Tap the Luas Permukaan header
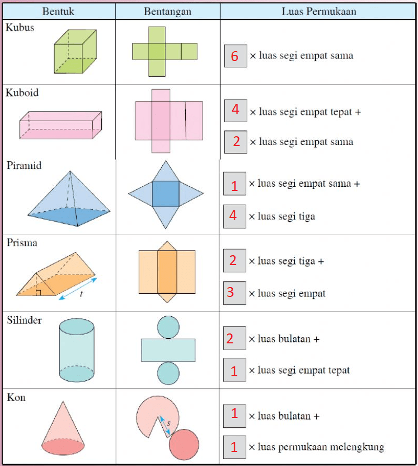[x=318, y=11]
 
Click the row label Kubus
[x=20, y=28]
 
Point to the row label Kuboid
[x=22, y=93]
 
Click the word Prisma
[x=22, y=243]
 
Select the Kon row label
[x=16, y=397]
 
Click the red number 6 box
[x=235, y=56]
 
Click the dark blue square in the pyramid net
[x=166, y=194]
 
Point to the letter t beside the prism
[x=81, y=294]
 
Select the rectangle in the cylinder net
[x=168, y=350]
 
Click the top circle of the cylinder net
[x=168, y=327]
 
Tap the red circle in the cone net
[x=184, y=444]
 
